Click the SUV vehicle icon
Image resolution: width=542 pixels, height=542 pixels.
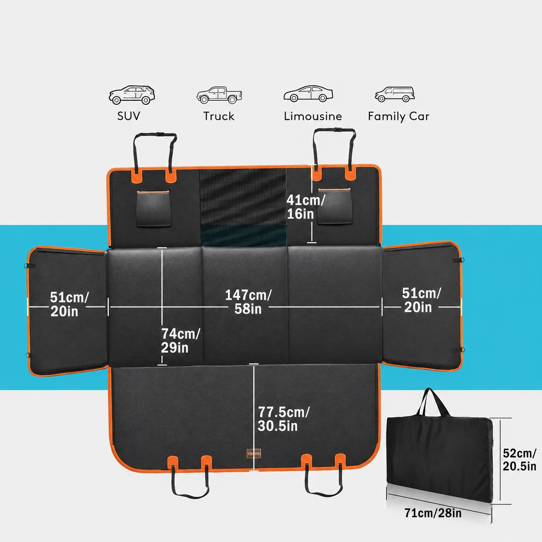[x=132, y=95]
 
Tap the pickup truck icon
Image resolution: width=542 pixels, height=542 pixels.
[x=220, y=95]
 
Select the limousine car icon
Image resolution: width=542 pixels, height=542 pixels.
[x=308, y=94]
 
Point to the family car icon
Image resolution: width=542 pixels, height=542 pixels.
[x=395, y=94]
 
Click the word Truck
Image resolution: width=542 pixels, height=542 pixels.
[x=219, y=116]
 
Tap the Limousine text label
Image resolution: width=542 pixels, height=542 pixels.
[x=313, y=116]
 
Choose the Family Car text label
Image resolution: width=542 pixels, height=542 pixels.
[x=399, y=116]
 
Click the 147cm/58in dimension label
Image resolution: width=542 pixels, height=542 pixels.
[x=248, y=302]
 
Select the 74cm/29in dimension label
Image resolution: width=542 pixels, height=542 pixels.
[x=180, y=341]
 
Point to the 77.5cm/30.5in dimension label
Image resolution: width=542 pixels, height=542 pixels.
[x=284, y=419]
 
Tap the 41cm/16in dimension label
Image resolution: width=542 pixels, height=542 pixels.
[x=306, y=207]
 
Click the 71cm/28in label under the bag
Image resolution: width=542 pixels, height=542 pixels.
[x=433, y=513]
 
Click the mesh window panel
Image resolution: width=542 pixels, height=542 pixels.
[x=243, y=207]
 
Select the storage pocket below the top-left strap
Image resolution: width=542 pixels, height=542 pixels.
[x=153, y=208]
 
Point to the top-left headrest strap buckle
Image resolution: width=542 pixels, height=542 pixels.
[x=160, y=134]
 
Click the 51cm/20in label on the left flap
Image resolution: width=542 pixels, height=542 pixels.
[x=69, y=304]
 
